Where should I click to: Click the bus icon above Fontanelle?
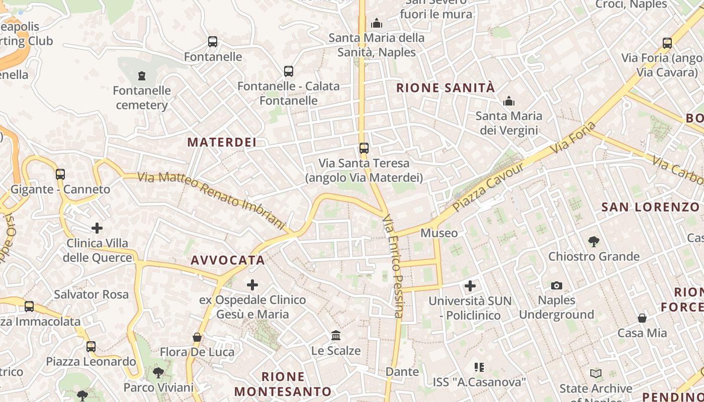(x=213, y=42)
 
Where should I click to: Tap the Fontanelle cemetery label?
(x=142, y=98)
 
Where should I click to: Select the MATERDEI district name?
(x=222, y=142)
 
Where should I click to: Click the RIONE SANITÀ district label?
(x=446, y=88)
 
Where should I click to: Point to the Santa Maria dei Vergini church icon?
(x=509, y=102)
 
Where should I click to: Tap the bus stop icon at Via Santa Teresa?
(x=364, y=148)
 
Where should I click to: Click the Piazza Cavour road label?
(x=488, y=186)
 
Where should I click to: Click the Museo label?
(x=439, y=233)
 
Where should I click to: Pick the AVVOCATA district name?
(x=228, y=260)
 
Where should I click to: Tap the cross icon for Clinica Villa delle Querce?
(x=97, y=228)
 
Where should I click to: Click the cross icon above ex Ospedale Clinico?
(x=252, y=285)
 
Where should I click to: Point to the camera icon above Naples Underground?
(x=556, y=285)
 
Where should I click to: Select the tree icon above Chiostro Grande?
(x=594, y=242)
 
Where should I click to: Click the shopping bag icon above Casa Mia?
(x=642, y=318)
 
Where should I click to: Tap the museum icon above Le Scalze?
(x=336, y=335)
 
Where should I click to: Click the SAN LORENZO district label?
(x=651, y=207)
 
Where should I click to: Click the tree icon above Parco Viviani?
(x=158, y=373)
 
